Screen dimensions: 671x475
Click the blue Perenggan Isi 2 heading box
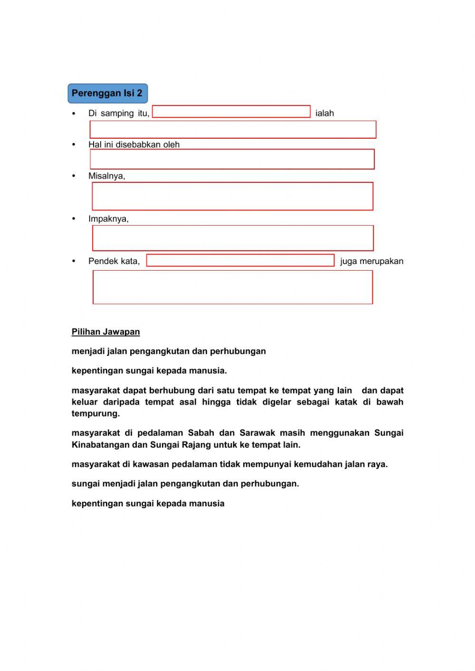(x=107, y=93)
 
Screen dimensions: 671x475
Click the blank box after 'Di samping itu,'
(x=231, y=112)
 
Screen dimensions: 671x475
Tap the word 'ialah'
(x=324, y=113)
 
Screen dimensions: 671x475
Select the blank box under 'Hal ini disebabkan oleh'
(x=232, y=159)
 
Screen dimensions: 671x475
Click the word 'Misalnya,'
(x=107, y=176)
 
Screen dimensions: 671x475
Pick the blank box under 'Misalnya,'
(x=232, y=196)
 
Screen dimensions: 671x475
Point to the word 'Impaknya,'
(x=108, y=219)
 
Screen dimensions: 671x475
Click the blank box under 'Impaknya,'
(x=233, y=238)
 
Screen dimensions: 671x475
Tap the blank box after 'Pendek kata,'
(x=240, y=260)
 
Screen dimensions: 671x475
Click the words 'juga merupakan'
(x=371, y=261)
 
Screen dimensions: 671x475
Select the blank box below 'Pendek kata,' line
(x=233, y=287)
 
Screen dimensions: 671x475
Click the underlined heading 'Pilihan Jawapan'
(x=105, y=332)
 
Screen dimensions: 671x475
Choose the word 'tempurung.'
(x=95, y=414)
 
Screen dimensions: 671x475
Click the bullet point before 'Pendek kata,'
(x=74, y=261)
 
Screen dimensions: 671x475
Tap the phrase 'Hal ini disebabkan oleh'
(x=134, y=145)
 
